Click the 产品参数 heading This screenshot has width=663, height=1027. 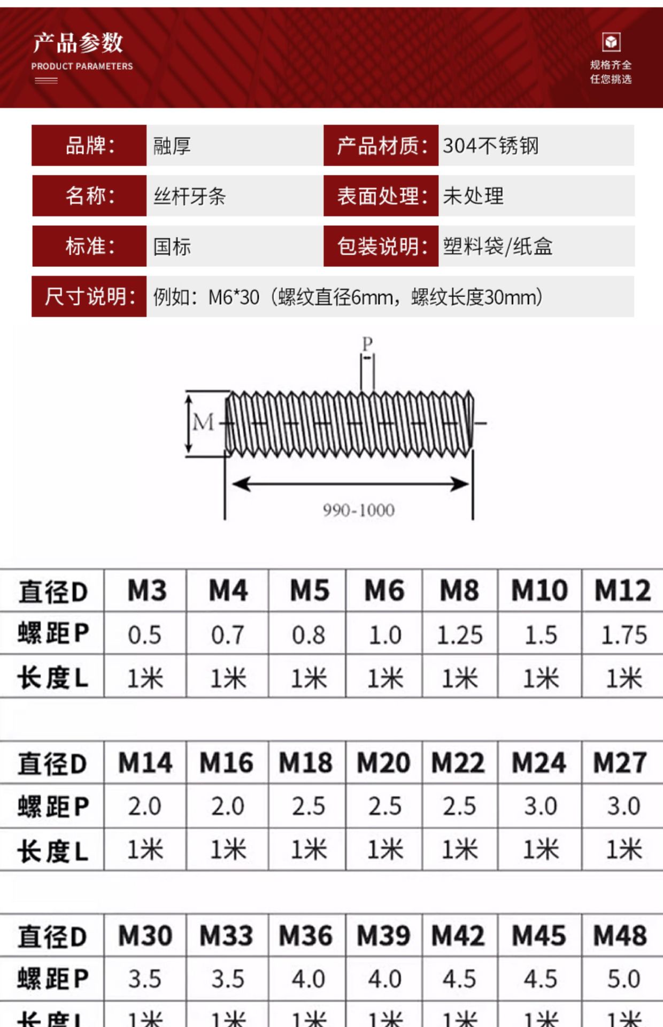click(78, 43)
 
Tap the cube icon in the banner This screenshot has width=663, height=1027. click(611, 42)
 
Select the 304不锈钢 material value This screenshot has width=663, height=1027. click(491, 145)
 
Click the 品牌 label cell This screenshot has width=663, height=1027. click(89, 145)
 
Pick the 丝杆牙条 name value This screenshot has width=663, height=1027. click(190, 196)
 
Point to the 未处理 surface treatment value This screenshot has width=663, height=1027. click(473, 196)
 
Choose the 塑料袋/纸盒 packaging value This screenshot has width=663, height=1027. click(498, 247)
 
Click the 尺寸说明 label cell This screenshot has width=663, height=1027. click(89, 297)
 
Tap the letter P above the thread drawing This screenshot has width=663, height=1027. click(367, 343)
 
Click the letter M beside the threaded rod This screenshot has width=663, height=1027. click(203, 423)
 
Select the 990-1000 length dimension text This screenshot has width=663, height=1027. click(359, 510)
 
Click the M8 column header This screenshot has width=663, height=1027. click(459, 591)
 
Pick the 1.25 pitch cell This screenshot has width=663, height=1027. click(459, 635)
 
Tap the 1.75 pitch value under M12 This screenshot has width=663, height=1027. click(623, 635)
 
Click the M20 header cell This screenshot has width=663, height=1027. click(383, 763)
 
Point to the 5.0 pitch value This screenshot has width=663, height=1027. click(623, 979)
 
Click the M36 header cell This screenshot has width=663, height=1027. click(306, 936)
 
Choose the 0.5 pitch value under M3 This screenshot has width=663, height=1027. click(144, 635)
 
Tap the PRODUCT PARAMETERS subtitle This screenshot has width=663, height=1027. click(82, 66)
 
